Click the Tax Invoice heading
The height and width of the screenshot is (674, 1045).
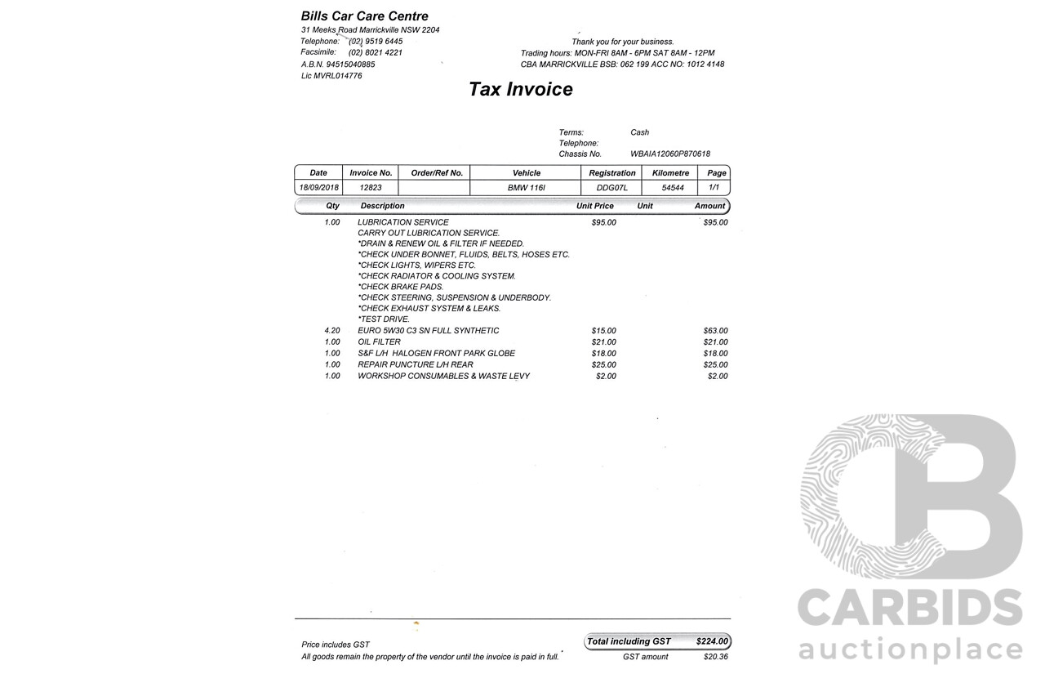click(520, 89)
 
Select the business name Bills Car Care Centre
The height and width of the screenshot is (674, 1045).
click(364, 16)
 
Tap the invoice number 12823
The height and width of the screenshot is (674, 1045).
click(371, 188)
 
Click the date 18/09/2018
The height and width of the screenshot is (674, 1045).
click(318, 188)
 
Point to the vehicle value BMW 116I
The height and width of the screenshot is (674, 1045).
click(526, 188)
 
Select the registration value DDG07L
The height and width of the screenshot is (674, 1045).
click(612, 188)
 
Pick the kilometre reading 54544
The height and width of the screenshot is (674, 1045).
click(673, 188)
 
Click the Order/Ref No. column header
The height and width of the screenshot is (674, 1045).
click(437, 173)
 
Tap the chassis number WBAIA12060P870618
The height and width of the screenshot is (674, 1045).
click(669, 154)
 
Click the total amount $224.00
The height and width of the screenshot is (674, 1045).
click(712, 641)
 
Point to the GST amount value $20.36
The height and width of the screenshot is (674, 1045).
click(715, 657)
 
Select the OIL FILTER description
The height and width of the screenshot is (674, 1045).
click(379, 341)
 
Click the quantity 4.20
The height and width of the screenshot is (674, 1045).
click(332, 331)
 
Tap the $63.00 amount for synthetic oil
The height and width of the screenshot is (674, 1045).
click(715, 331)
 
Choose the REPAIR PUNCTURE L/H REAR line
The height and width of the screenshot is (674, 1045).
click(415, 364)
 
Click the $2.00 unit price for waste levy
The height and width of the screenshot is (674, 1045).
click(606, 376)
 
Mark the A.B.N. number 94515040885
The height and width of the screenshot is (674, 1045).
click(350, 64)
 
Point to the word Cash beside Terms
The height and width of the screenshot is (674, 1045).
click(639, 132)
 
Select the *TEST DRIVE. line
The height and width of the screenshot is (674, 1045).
click(384, 319)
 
